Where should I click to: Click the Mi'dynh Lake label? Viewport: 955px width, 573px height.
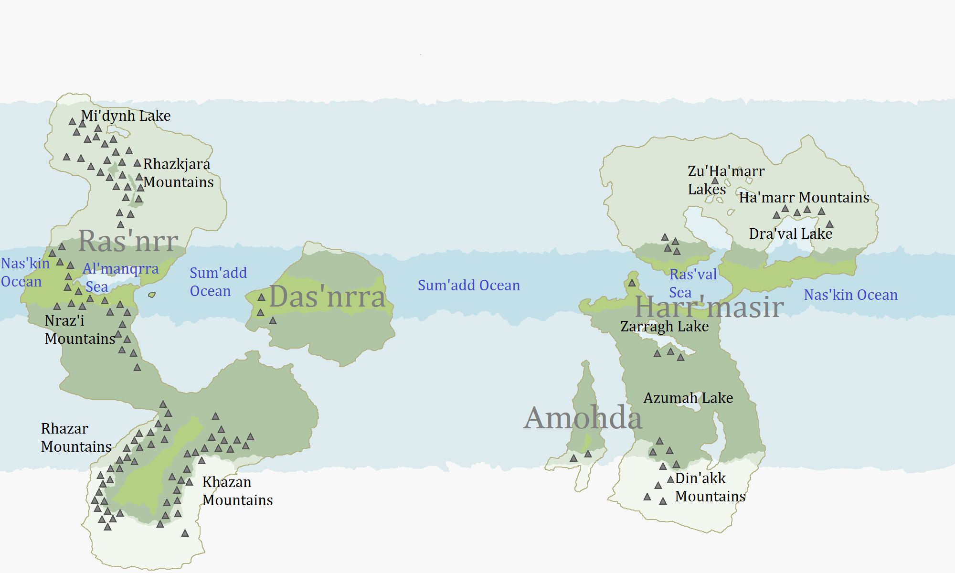pyautogui.click(x=126, y=116)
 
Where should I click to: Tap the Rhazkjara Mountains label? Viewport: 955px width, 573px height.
pyautogui.click(x=178, y=173)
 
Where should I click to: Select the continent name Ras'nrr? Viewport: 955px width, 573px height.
pyautogui.click(x=128, y=241)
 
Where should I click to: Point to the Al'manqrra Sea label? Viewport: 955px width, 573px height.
pyautogui.click(x=120, y=277)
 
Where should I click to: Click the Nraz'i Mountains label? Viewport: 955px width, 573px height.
pyautogui.click(x=80, y=329)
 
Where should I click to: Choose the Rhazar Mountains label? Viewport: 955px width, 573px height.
pyautogui.click(x=76, y=437)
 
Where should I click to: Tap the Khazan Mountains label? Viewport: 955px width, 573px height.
pyautogui.click(x=237, y=491)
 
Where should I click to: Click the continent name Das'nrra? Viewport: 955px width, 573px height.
pyautogui.click(x=327, y=297)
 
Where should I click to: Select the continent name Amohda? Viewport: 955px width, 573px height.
pyautogui.click(x=583, y=418)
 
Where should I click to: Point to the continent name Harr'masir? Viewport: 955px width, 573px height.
pyautogui.click(x=709, y=307)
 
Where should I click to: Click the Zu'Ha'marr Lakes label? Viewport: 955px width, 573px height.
pyautogui.click(x=726, y=180)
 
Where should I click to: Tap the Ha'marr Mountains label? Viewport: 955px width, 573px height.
pyautogui.click(x=804, y=197)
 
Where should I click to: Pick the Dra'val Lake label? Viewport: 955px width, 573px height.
pyautogui.click(x=790, y=233)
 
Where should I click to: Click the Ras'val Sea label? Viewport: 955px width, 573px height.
pyautogui.click(x=693, y=283)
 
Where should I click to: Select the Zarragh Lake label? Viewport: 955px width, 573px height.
pyautogui.click(x=664, y=327)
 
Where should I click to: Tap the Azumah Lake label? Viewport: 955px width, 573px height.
pyautogui.click(x=688, y=398)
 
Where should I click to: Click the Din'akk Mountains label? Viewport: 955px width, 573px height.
pyautogui.click(x=710, y=487)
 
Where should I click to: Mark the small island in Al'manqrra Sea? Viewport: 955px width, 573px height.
pyautogui.click(x=152, y=295)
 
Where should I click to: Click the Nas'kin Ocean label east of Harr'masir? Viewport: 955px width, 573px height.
pyautogui.click(x=850, y=295)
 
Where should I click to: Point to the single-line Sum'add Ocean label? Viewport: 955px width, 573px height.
pyautogui.click(x=468, y=286)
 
